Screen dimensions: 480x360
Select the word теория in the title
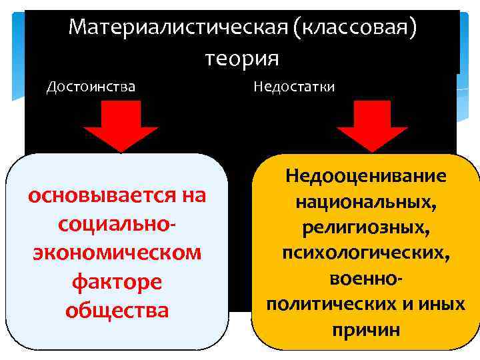241,59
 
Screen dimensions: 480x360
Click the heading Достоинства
91,87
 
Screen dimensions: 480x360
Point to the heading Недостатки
294,87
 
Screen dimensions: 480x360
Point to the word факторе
117,283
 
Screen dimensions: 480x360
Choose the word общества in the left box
117,311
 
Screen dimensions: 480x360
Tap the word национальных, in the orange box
365,202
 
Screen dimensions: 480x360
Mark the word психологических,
365,253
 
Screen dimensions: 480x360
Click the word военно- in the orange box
365,278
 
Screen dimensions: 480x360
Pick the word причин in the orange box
365,329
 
